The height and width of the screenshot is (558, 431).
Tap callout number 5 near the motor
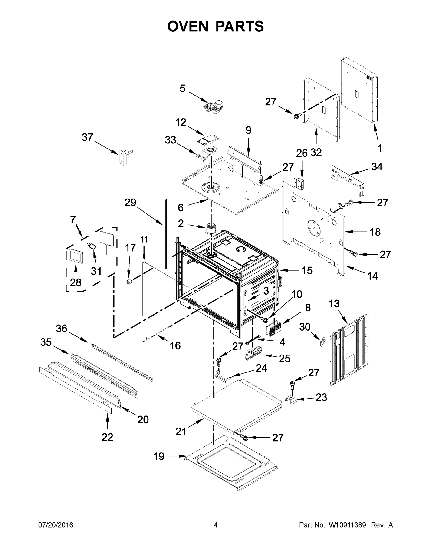tap(182, 89)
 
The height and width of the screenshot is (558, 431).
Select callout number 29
tap(130, 203)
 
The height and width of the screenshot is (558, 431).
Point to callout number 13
tap(334, 304)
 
